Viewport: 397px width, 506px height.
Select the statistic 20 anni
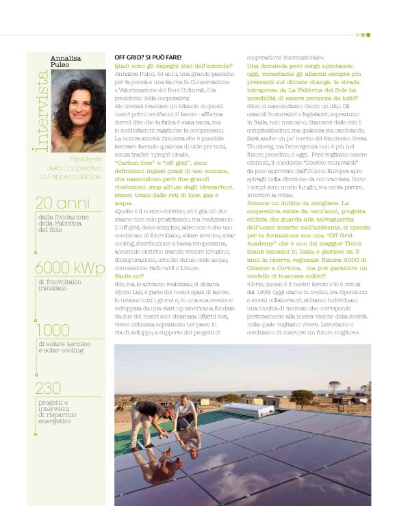(x=62, y=202)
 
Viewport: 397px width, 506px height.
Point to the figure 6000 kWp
(x=71, y=267)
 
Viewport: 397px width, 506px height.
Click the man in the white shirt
(x=183, y=411)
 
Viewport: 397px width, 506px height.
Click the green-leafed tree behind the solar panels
(x=335, y=386)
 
